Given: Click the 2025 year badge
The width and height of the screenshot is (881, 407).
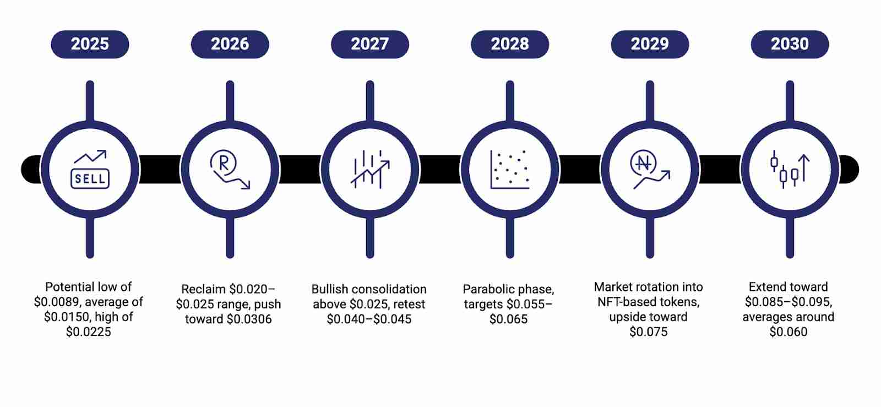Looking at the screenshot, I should pyautogui.click(x=90, y=44).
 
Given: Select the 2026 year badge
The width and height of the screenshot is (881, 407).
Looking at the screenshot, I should pyautogui.click(x=230, y=44).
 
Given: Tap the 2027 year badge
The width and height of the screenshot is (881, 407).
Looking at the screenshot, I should pyautogui.click(x=369, y=44).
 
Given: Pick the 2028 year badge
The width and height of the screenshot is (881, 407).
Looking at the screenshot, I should pyautogui.click(x=509, y=44).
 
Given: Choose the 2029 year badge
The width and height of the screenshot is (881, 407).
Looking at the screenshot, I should pyautogui.click(x=650, y=44).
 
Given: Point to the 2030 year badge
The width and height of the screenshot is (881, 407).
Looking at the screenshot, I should pyautogui.click(x=790, y=44).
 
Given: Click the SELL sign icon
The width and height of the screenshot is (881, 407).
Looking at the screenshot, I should pyautogui.click(x=90, y=170).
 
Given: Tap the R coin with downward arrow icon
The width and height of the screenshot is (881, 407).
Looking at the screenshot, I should pyautogui.click(x=230, y=170).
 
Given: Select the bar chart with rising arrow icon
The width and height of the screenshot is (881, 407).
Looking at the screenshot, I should pyautogui.click(x=370, y=170).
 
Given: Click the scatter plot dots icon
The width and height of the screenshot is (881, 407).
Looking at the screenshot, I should pyautogui.click(x=510, y=170).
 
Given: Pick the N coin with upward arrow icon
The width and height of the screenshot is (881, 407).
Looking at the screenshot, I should pyautogui.click(x=650, y=170).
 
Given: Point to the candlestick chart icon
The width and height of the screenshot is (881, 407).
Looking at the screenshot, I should pyautogui.click(x=790, y=170).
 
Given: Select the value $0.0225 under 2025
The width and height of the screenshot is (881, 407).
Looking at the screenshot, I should pyautogui.click(x=89, y=332).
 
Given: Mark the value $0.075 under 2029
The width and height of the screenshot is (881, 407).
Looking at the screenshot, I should pyautogui.click(x=649, y=332).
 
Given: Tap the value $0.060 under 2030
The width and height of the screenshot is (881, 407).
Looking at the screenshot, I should pyautogui.click(x=788, y=332).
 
